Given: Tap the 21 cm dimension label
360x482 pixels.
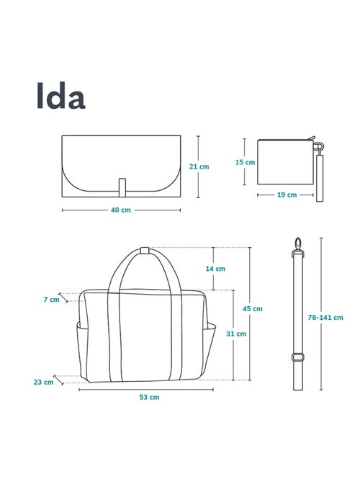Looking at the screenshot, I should pyautogui.click(x=199, y=166).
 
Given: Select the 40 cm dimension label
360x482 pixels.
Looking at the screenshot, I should pyautogui.click(x=121, y=210).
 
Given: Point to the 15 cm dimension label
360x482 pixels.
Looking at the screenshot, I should pyautogui.click(x=245, y=162).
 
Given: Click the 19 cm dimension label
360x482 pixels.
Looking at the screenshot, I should pyautogui.click(x=286, y=195).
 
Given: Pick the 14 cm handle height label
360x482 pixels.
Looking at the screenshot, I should pyautogui.click(x=215, y=269).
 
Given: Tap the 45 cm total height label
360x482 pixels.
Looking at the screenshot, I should pyautogui.click(x=253, y=308).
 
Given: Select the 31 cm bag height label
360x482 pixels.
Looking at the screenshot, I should pyautogui.click(x=236, y=334).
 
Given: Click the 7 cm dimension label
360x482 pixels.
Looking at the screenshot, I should pyautogui.click(x=50, y=299).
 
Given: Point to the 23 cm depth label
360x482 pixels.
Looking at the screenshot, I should pyautogui.click(x=44, y=382).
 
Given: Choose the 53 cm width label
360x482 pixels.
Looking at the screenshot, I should pyautogui.click(x=149, y=397).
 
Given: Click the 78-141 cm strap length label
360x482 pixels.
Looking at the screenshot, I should pyautogui.click(x=325, y=317).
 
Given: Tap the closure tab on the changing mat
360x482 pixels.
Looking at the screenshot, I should pyautogui.click(x=122, y=186).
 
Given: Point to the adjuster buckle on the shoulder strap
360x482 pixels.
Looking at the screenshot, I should pyautogui.click(x=297, y=357).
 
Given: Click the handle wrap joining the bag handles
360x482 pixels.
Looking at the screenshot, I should pyautogui.click(x=144, y=251).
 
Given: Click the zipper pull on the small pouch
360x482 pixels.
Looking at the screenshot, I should pyautogui.click(x=314, y=141).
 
